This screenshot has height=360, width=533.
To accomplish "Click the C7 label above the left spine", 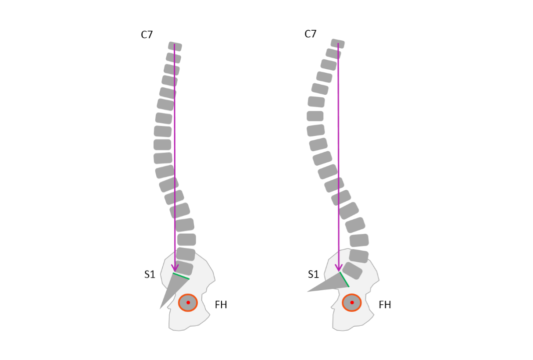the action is pos(147,35).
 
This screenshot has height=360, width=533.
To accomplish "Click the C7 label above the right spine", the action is pos(310,34).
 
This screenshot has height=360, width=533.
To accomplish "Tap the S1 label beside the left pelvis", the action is pos(150,275).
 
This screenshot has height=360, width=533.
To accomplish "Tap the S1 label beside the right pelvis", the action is pos(313,275).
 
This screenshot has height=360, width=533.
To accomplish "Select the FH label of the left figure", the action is pos(221,305).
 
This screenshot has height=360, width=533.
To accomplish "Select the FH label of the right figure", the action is pos(385,305).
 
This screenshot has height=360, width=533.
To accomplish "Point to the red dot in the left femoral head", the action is pos(188,303).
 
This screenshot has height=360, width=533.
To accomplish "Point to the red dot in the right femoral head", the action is pos(352,303).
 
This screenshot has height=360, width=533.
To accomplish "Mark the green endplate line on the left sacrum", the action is pos(181,276).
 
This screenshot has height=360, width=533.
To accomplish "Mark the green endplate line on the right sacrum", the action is pos(344,279).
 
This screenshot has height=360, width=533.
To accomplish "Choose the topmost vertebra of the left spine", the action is pos(175,46).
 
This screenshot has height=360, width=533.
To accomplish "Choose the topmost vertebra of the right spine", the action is pos(338,43).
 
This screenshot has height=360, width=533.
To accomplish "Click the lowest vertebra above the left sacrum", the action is pos(184,267).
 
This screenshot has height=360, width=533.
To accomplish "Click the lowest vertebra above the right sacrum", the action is pos(352,271).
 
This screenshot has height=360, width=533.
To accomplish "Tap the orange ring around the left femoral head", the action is pos(179,303).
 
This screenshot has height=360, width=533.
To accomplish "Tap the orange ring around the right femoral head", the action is pos(343,303).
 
